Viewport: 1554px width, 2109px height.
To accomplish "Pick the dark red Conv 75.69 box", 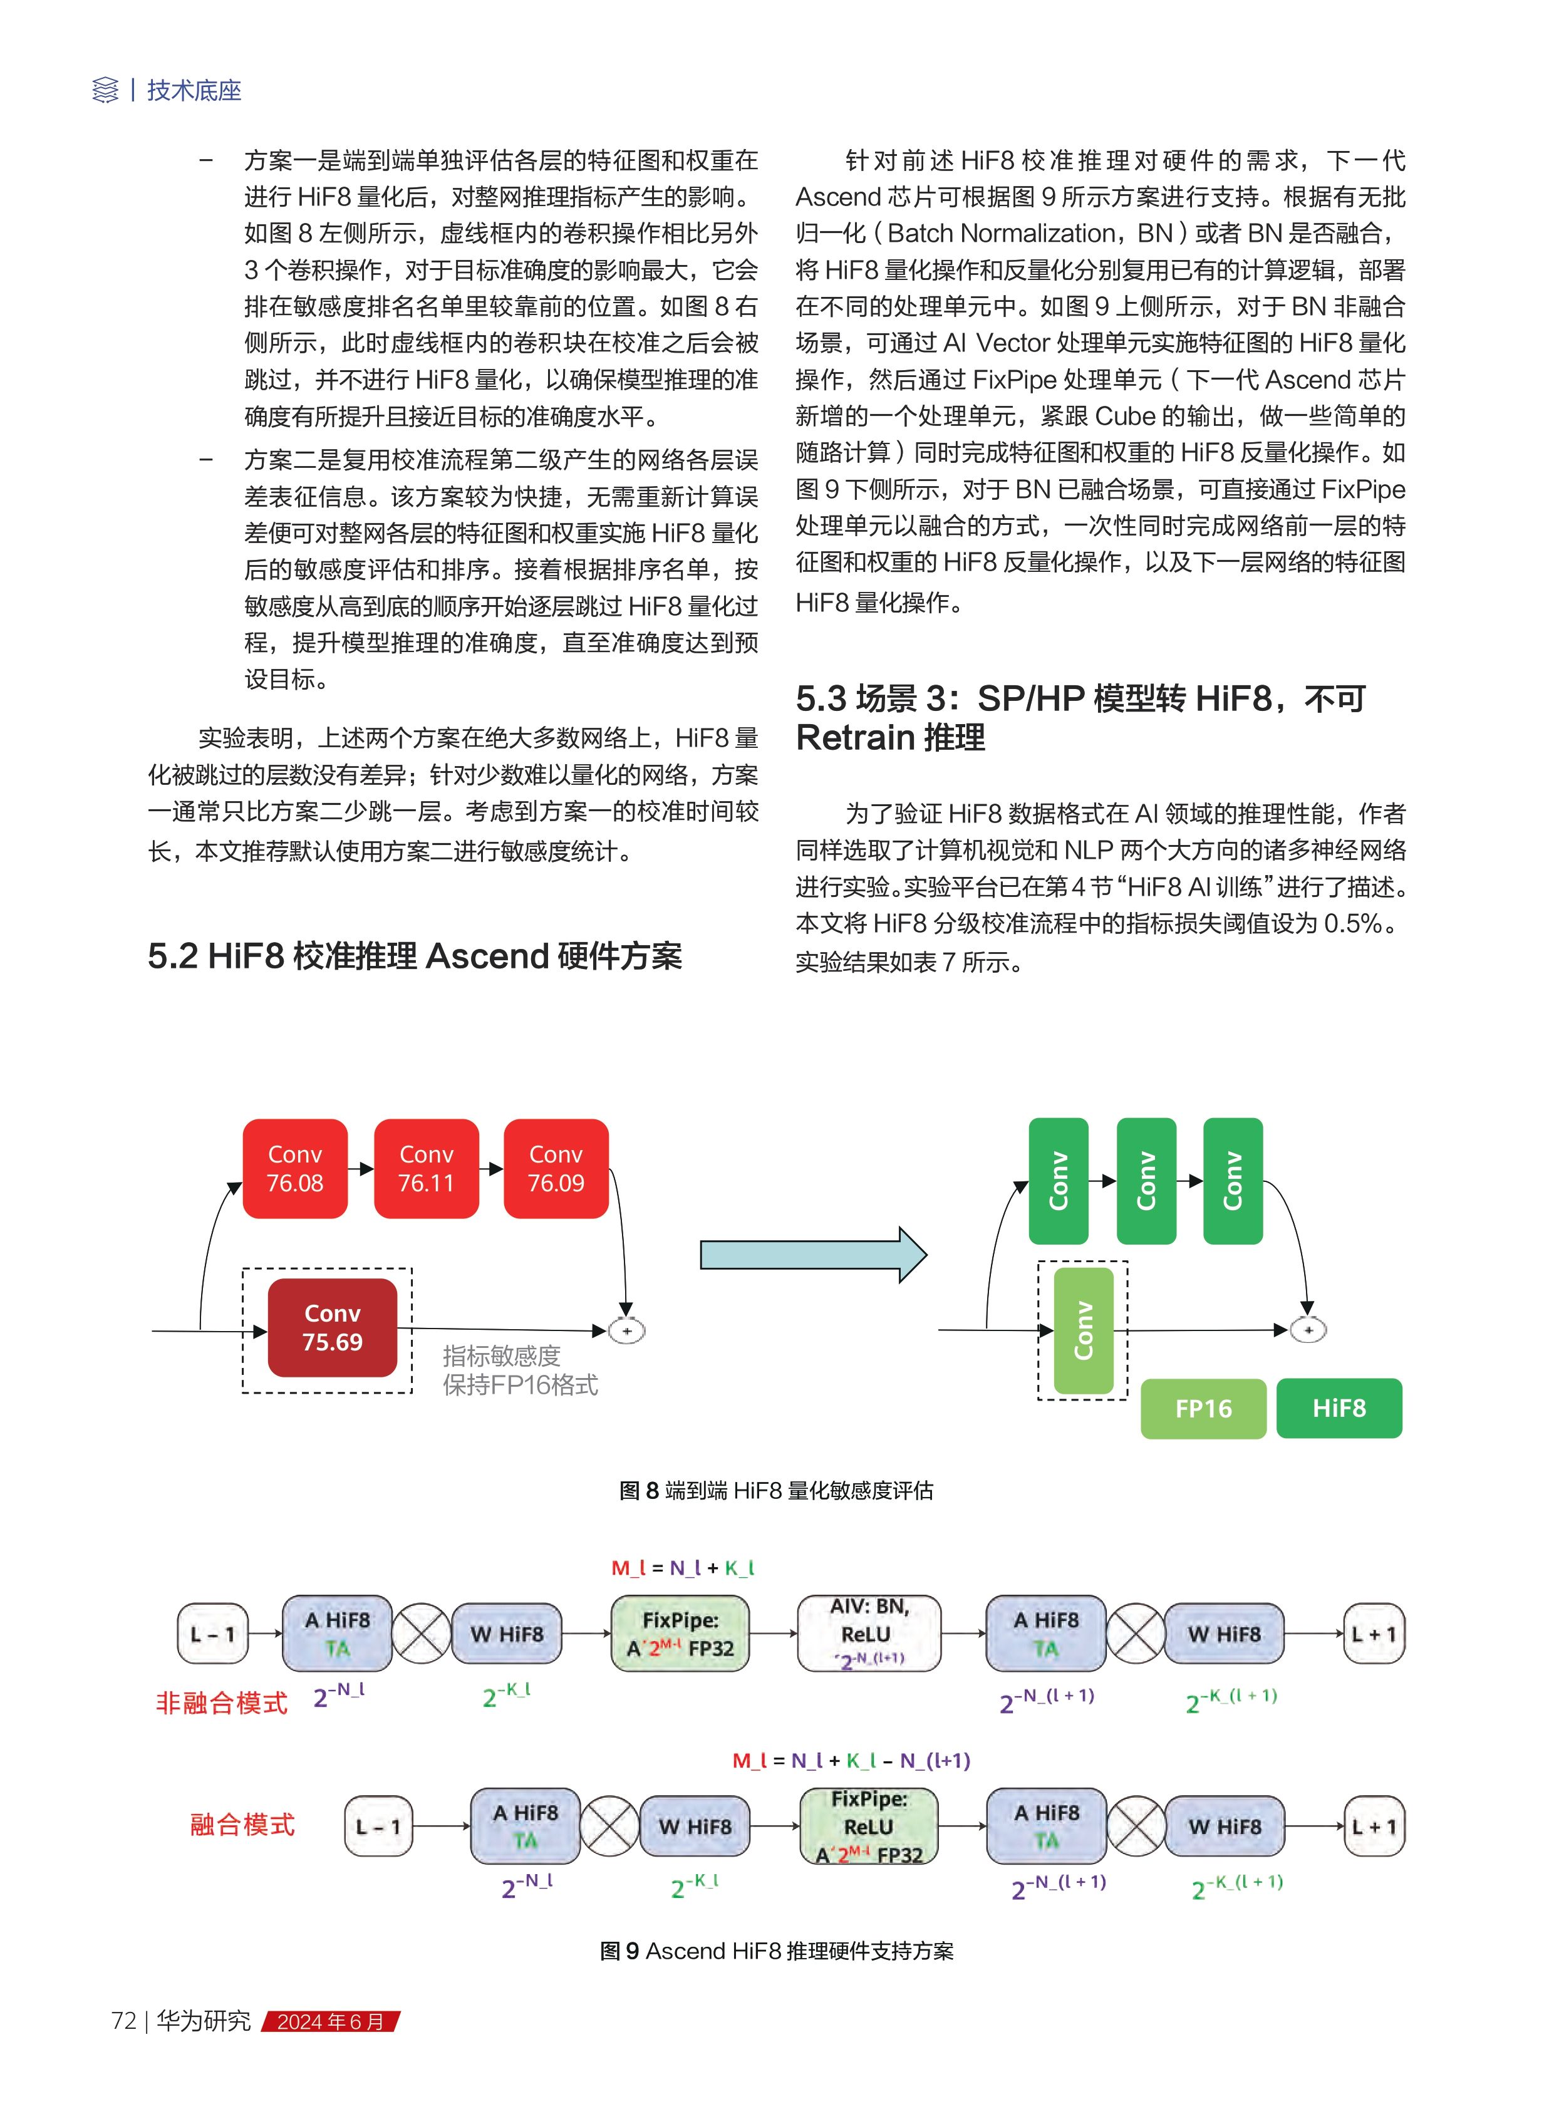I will click(x=332, y=1327).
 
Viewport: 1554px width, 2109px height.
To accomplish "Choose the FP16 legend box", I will click(x=1203, y=1408).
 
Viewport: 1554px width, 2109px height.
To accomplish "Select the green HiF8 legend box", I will click(x=1339, y=1407).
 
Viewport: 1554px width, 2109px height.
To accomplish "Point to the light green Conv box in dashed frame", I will click(x=1083, y=1330).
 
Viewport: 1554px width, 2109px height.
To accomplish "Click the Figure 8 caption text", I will click(x=776, y=1490).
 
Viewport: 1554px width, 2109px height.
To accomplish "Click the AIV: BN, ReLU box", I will click(x=868, y=1633).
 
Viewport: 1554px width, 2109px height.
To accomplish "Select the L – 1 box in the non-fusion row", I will click(x=212, y=1634).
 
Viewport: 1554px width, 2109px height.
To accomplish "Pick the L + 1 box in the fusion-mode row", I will click(x=1374, y=1827).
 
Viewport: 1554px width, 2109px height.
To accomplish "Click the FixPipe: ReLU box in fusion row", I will click(x=868, y=1826).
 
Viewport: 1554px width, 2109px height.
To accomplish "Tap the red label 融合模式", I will click(x=242, y=1825).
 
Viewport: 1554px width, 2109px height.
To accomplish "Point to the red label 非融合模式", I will click(x=221, y=1702).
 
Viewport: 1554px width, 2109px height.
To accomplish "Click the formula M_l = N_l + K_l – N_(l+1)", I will click(x=851, y=1760).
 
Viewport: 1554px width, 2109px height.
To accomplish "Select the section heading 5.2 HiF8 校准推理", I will click(x=415, y=956).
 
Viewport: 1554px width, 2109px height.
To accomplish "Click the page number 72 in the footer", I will click(x=123, y=2021).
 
